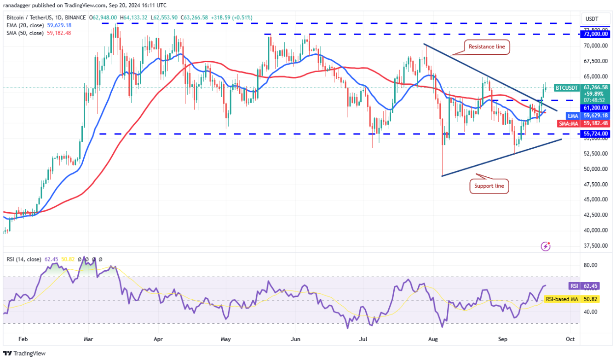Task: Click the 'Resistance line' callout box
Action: pyautogui.click(x=486, y=46)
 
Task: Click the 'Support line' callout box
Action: pyautogui.click(x=489, y=186)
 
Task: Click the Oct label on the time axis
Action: pyautogui.click(x=570, y=339)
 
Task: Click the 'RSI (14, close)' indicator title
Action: pyautogui.click(x=23, y=259)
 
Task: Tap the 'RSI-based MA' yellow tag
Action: pyautogui.click(x=561, y=299)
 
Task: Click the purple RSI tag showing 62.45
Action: pyautogui.click(x=574, y=286)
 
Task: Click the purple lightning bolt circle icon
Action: pyautogui.click(x=545, y=246)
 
